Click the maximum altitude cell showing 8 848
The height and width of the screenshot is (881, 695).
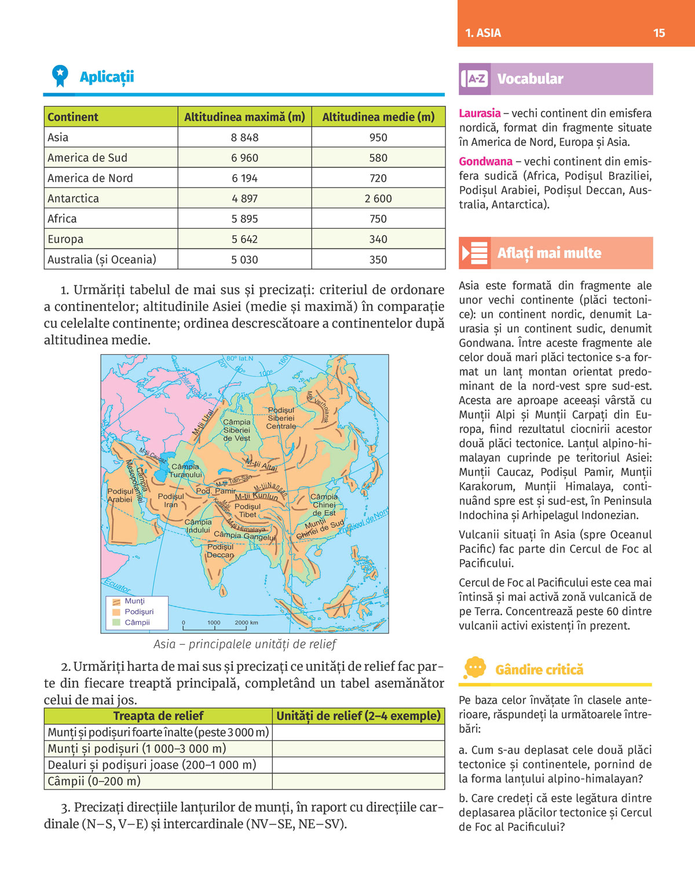(x=244, y=137)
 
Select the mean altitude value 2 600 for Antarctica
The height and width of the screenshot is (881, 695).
(x=378, y=199)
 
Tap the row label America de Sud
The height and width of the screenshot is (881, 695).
(x=87, y=158)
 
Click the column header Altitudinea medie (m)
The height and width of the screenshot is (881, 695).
(x=378, y=117)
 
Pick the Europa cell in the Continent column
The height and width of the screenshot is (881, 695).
(x=65, y=239)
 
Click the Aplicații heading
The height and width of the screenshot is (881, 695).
(x=107, y=77)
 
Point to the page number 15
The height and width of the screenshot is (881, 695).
(x=659, y=33)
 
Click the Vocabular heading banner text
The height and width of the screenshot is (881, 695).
(x=530, y=79)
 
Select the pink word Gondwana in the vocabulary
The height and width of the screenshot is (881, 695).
(x=485, y=161)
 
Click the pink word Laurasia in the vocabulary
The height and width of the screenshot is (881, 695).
(x=480, y=113)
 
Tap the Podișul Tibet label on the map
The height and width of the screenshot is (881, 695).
(x=247, y=511)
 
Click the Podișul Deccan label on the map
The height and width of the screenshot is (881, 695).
(x=220, y=551)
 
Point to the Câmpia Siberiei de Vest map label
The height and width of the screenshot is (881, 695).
(x=237, y=430)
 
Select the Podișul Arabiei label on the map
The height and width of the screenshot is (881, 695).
(x=120, y=495)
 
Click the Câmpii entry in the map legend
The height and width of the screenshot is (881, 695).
(x=137, y=622)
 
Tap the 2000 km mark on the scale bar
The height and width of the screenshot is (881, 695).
(x=246, y=623)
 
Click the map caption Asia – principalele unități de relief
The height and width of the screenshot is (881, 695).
(x=244, y=644)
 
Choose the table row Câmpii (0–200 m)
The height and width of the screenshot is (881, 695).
(x=94, y=781)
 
